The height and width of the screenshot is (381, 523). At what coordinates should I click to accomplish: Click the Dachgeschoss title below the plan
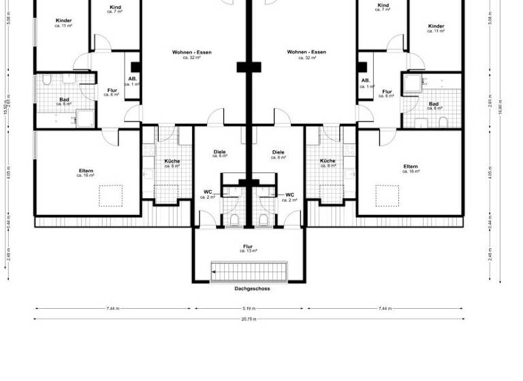[251, 288]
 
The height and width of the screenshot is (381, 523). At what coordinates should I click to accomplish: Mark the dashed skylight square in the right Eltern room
[389, 196]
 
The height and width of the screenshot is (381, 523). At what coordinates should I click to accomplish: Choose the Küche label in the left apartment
[172, 163]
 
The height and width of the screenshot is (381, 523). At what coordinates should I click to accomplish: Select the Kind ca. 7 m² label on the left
[115, 9]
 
